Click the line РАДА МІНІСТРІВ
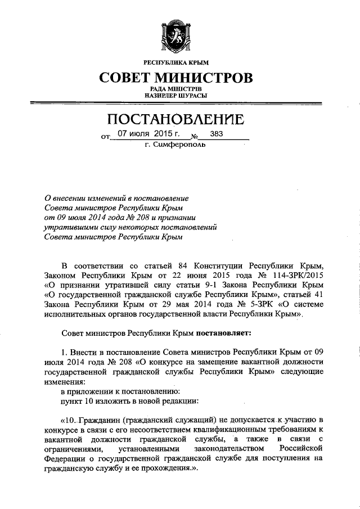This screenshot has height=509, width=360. point(176,89)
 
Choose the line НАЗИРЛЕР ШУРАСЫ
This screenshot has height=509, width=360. point(176,96)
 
